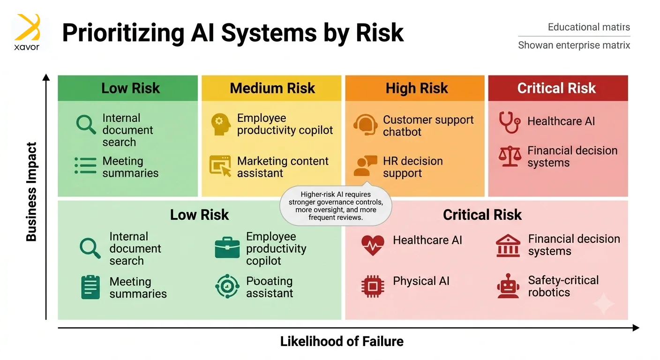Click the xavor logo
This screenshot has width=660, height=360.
[x=27, y=32]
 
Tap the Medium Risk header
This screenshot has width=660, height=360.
[x=272, y=88]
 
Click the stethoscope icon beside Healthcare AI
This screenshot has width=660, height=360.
[x=510, y=122]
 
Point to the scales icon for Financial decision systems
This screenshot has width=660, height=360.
[x=510, y=156]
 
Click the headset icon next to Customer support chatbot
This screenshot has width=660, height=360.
[x=365, y=125]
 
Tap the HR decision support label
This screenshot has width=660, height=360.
[x=413, y=167]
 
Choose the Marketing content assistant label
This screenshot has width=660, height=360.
[x=283, y=167]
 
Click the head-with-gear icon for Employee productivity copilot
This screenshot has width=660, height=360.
[x=221, y=124]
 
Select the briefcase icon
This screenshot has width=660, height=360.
[x=227, y=247]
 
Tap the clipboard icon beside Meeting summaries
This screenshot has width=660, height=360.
[x=90, y=287]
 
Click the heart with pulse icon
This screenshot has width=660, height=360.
[x=373, y=245]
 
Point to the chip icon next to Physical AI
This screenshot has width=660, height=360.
[x=373, y=286]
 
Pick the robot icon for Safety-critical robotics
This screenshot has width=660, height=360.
[x=508, y=286]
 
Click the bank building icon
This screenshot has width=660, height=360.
[x=508, y=246]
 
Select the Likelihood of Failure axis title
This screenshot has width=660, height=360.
[x=342, y=341]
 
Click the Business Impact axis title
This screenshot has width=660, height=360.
[x=31, y=192]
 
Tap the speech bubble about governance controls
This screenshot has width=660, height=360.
[x=336, y=206]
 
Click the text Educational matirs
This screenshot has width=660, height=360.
[x=589, y=27]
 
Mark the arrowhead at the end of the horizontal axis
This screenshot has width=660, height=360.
[x=636, y=328]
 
